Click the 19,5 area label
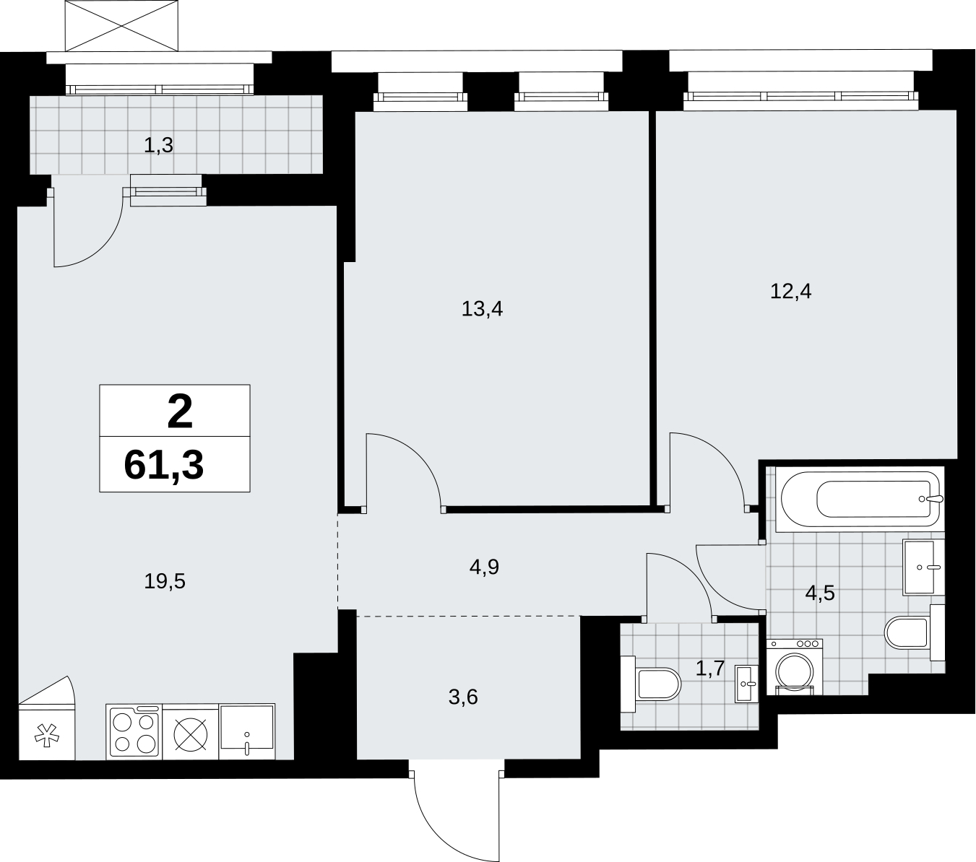(x=165, y=582)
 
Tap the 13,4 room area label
(x=482, y=309)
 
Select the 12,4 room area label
(x=791, y=292)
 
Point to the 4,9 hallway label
(x=484, y=567)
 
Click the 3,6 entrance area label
(x=463, y=697)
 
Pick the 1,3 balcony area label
(x=158, y=145)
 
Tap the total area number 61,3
(x=164, y=466)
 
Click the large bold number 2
(x=180, y=411)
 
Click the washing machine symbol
(x=795, y=667)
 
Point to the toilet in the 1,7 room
(x=651, y=684)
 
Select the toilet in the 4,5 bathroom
(x=915, y=632)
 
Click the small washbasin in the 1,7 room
(x=747, y=684)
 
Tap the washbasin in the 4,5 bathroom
(x=923, y=567)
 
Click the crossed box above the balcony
(x=121, y=25)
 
